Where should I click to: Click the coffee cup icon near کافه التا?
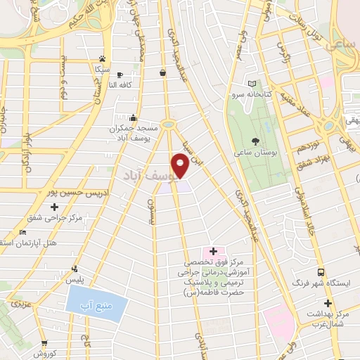[120, 74]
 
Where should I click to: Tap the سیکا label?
[99, 71]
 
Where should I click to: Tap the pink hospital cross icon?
[213, 251]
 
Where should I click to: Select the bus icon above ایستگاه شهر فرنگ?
[321, 271]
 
